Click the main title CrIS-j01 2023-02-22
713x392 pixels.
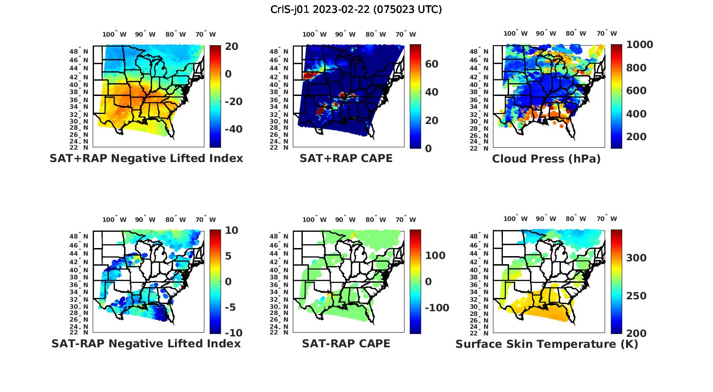[356, 10]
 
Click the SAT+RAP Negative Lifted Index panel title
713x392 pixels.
[146, 158]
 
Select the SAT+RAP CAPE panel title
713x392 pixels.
[346, 158]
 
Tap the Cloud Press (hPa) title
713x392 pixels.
[546, 159]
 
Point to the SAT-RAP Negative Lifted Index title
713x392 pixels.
[146, 344]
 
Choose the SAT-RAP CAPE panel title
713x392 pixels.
[346, 344]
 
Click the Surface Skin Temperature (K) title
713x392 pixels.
[547, 344]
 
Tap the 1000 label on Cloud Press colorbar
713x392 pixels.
[639, 45]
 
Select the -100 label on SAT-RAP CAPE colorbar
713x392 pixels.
[436, 308]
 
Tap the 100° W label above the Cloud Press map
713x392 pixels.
[516, 34]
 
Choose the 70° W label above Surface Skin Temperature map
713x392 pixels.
[607, 220]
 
